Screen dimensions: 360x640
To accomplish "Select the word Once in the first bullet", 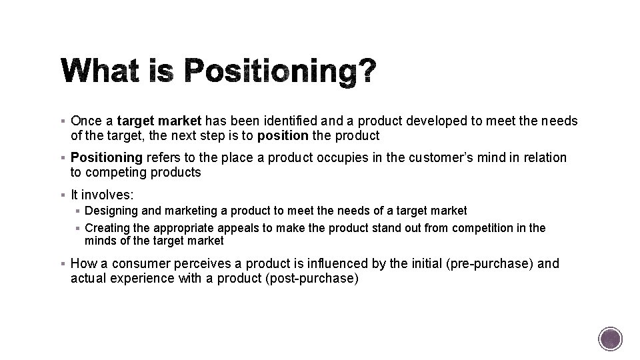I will click(x=85, y=121).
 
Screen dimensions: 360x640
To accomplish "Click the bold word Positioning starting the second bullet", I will click(x=107, y=158).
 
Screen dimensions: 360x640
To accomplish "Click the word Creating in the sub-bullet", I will click(x=106, y=228).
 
